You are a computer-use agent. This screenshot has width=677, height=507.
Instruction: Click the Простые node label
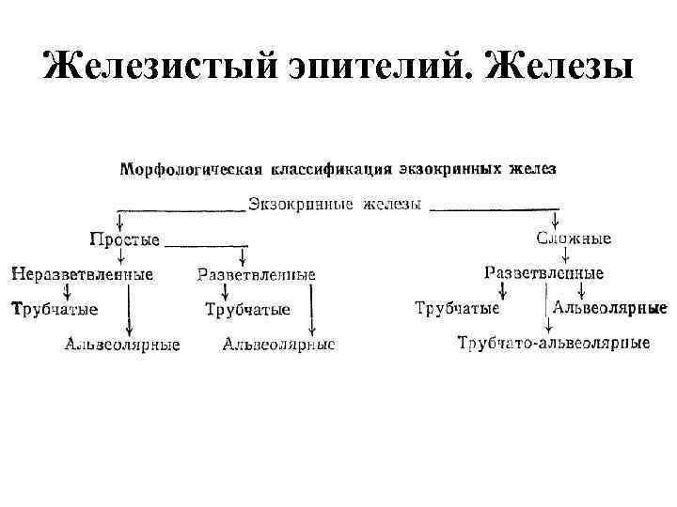pyautogui.click(x=125, y=239)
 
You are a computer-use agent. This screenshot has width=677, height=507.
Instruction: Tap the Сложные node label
pyautogui.click(x=574, y=238)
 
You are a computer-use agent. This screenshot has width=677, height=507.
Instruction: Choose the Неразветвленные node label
pyautogui.click(x=82, y=275)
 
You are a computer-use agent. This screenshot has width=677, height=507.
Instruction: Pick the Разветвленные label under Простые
pyautogui.click(x=257, y=275)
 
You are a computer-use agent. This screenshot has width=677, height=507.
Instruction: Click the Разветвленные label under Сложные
pyautogui.click(x=543, y=273)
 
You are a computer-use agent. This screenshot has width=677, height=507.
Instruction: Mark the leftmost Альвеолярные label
pyautogui.click(x=122, y=345)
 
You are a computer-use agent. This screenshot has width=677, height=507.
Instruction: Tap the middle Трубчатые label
pyautogui.click(x=247, y=309)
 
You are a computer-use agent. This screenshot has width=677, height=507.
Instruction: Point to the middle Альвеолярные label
pyautogui.click(x=278, y=345)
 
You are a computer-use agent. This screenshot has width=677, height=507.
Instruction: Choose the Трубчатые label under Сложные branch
pyautogui.click(x=457, y=308)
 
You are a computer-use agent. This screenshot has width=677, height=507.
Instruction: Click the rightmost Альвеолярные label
pyautogui.click(x=609, y=308)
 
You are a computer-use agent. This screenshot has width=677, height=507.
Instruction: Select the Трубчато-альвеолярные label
pyautogui.click(x=554, y=343)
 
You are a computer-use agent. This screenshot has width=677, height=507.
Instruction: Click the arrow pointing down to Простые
pyautogui.click(x=119, y=220)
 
